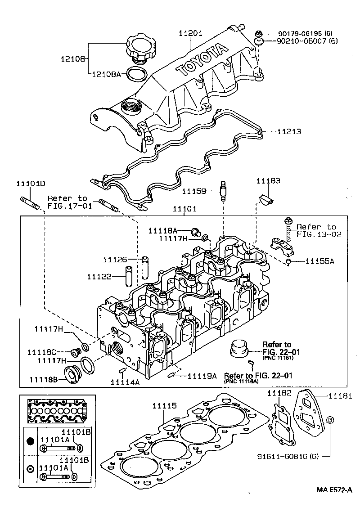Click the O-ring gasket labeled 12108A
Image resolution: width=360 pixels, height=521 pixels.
click(137, 74)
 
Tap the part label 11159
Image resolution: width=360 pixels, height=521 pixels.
click(194, 191)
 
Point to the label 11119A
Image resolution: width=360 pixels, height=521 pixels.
click(202, 375)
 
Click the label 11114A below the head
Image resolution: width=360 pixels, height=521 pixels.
click(126, 382)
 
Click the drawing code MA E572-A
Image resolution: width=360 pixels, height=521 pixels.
click(333, 490)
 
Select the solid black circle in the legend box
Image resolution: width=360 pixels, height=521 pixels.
click(30, 441)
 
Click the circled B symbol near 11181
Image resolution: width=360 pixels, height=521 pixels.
click(329, 420)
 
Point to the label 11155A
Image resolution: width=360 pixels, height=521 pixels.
click(319, 261)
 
